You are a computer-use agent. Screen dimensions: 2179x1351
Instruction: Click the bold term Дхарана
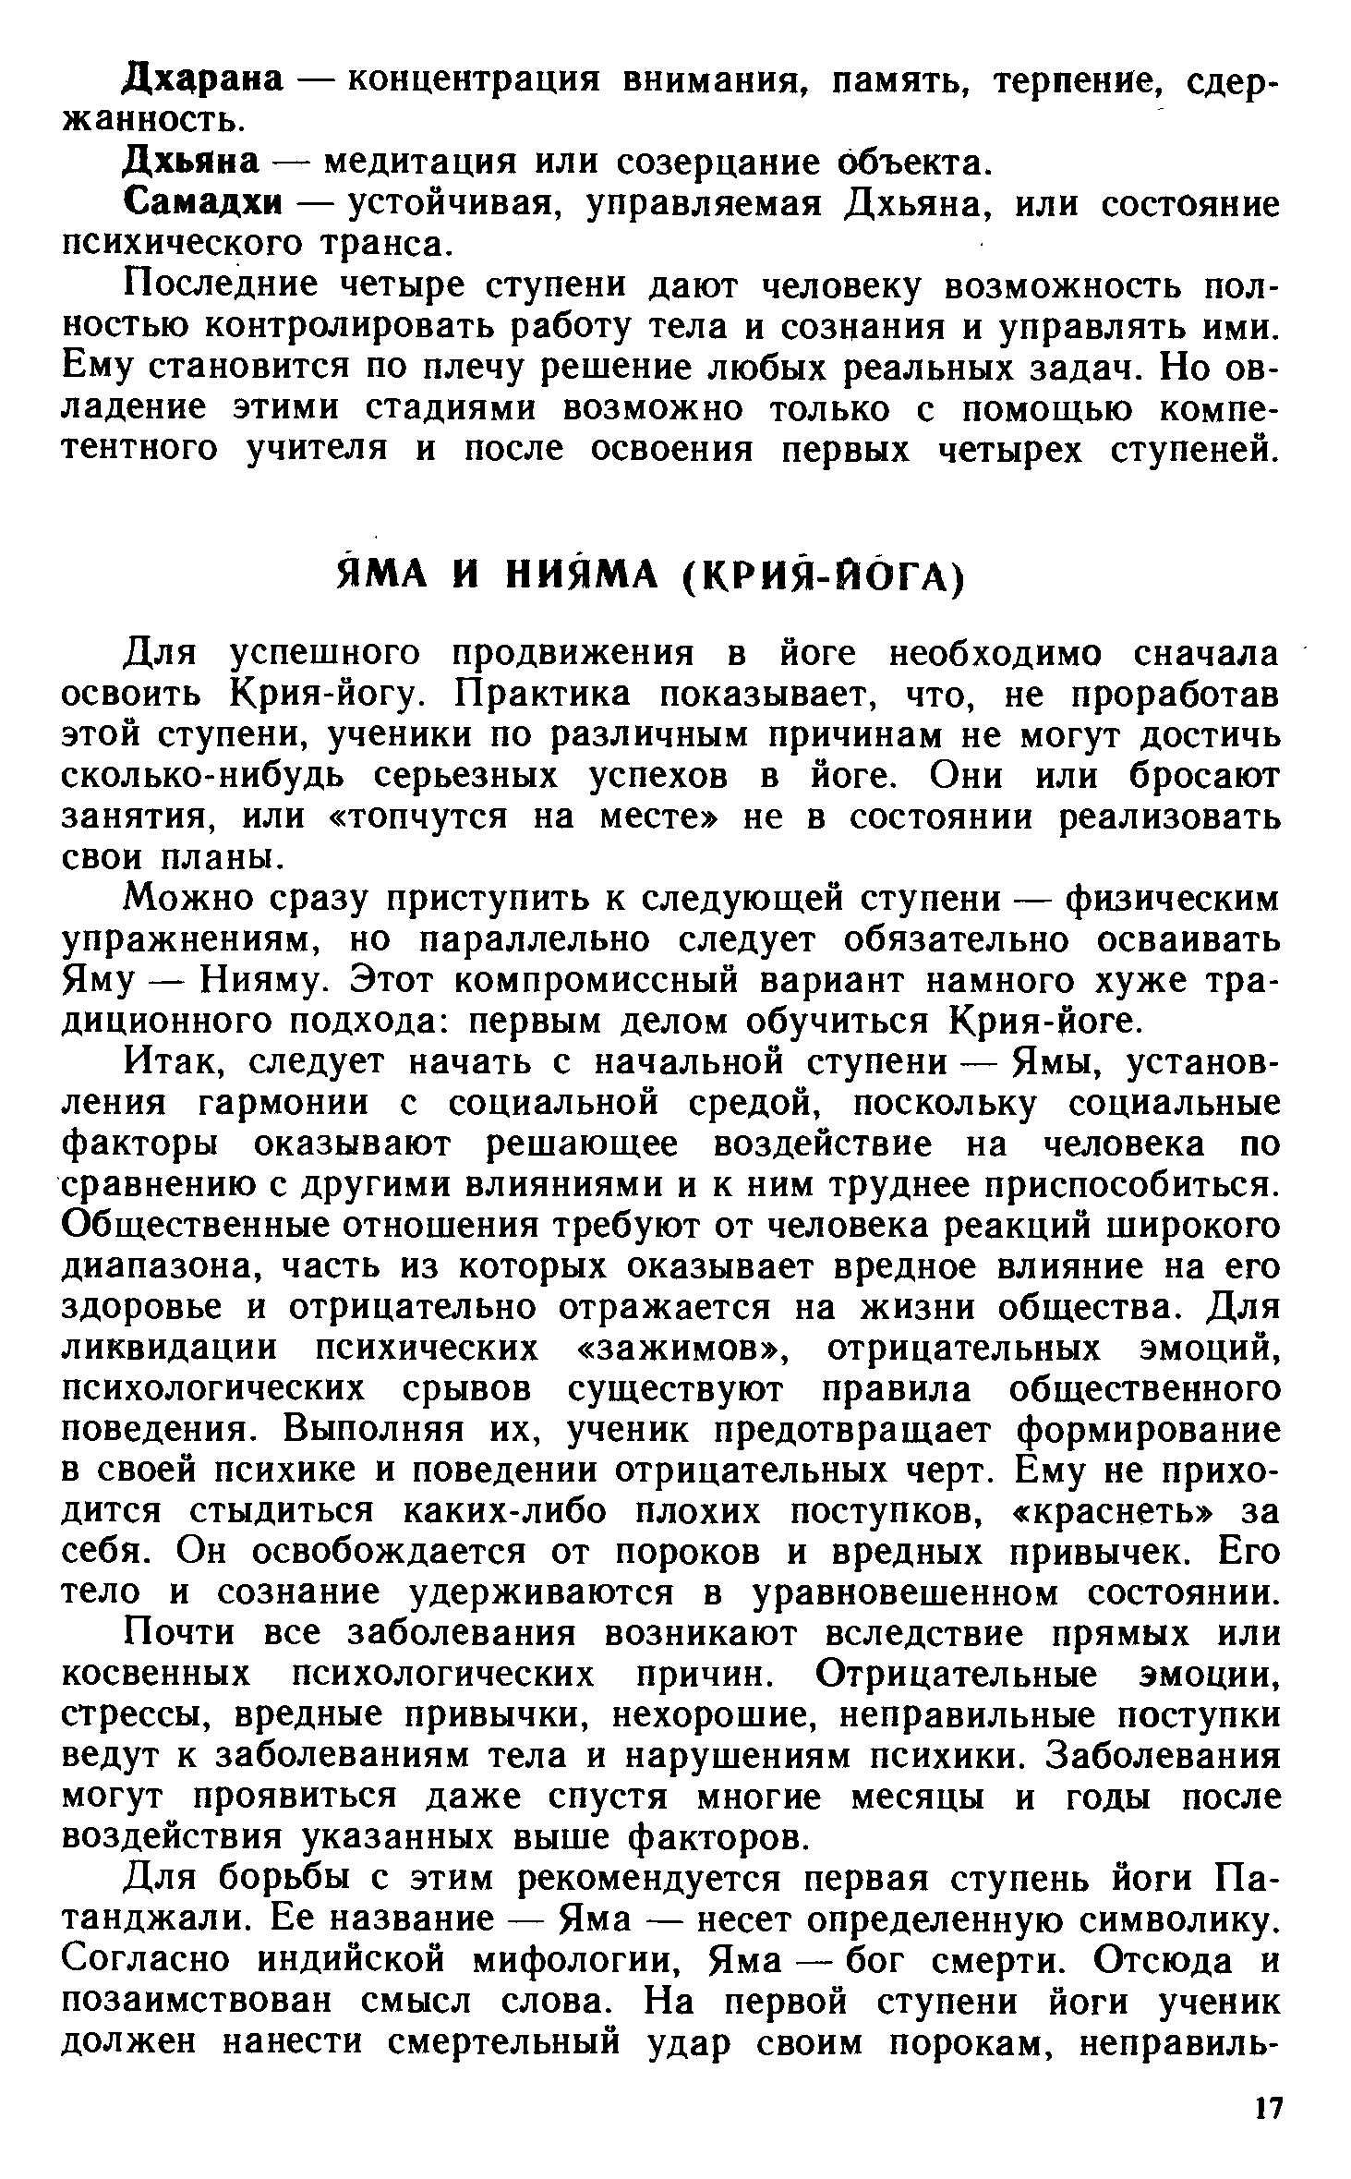tap(203, 79)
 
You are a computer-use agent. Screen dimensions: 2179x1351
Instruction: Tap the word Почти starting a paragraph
tap(180, 1633)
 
